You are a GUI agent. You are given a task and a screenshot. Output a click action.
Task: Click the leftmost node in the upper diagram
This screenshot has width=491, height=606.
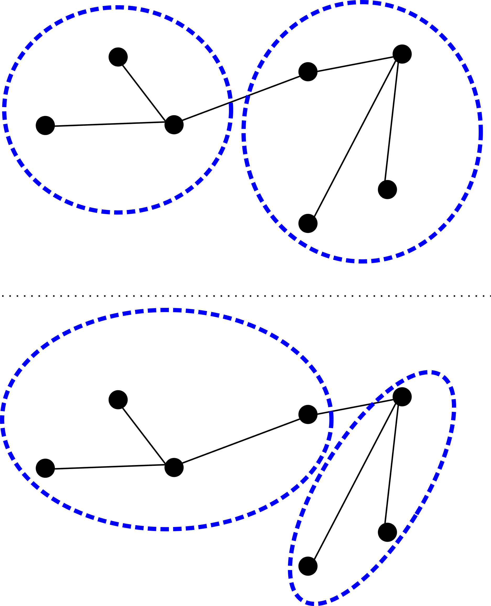[x=45, y=125]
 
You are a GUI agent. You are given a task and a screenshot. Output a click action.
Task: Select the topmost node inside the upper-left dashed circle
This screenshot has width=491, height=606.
[x=118, y=57]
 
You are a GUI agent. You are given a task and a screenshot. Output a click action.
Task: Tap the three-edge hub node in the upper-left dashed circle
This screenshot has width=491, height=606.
[x=174, y=125]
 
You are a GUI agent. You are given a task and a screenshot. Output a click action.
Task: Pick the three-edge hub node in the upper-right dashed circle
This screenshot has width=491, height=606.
[x=402, y=54]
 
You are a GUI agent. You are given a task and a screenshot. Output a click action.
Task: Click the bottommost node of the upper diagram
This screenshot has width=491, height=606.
[x=308, y=223]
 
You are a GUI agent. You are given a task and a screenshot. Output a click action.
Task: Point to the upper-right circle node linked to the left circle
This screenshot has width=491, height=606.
[x=308, y=72]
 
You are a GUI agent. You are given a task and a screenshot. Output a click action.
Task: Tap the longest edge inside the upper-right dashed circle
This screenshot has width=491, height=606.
[x=355, y=139]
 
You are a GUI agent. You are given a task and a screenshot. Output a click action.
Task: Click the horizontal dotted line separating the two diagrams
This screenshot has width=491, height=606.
[x=245, y=296]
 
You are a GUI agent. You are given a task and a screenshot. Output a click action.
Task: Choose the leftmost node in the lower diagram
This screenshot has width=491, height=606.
[x=45, y=468]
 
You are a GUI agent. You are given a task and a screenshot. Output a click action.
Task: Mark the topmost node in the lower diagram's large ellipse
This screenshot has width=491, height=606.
[x=118, y=400]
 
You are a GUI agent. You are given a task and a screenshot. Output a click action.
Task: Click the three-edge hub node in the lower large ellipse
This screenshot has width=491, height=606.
[x=174, y=467]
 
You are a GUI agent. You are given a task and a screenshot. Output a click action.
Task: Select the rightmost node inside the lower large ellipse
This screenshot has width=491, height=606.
[x=308, y=414]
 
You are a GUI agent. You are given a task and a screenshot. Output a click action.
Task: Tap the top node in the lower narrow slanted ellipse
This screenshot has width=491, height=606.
[x=402, y=397]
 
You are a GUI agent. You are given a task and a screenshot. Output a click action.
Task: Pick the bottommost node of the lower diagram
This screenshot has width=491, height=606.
[x=308, y=566]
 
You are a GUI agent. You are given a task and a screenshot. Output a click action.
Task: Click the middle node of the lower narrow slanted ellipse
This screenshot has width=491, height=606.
[x=387, y=532]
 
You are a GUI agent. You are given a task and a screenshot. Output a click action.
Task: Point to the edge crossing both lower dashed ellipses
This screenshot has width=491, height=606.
[x=355, y=405]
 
